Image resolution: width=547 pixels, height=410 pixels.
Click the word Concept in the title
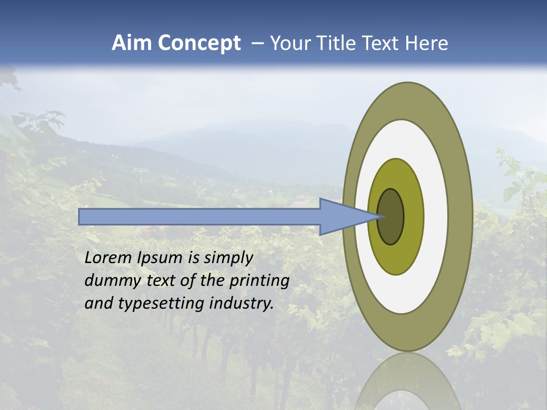click(x=199, y=43)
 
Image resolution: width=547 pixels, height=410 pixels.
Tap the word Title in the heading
click(x=336, y=43)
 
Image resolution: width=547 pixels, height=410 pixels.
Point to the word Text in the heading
click(x=382, y=43)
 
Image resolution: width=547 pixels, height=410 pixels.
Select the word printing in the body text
click(x=259, y=281)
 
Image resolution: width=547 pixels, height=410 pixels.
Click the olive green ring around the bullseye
click(x=414, y=216)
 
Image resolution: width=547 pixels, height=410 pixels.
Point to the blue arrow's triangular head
click(x=342, y=216)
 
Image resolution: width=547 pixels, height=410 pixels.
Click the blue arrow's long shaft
click(x=199, y=216)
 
